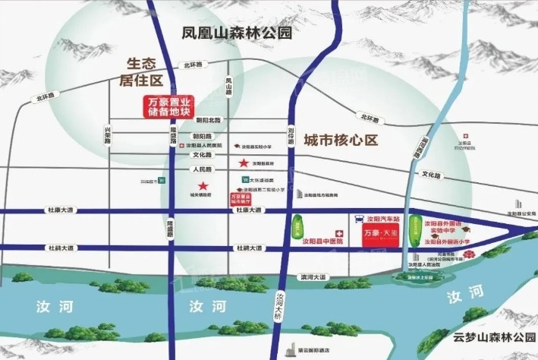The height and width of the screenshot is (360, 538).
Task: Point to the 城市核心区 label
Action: [x=339, y=141]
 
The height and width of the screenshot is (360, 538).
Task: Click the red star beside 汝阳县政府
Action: [x=244, y=163]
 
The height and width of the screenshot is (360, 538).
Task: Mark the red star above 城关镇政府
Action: [x=203, y=186]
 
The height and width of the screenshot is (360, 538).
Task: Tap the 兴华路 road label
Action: [x=107, y=137]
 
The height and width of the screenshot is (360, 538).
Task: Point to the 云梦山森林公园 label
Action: [x=491, y=337]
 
